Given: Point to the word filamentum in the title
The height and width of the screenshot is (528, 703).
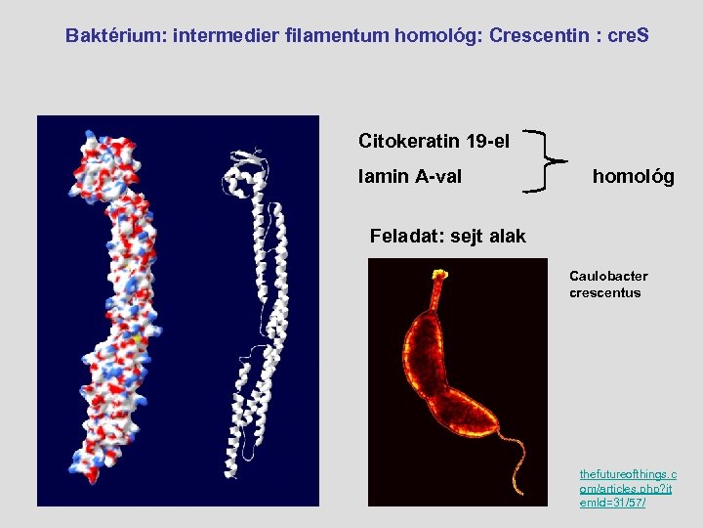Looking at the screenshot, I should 339,36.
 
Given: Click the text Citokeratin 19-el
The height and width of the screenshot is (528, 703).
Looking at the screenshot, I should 434,141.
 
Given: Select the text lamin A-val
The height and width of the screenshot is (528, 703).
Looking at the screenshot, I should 410,177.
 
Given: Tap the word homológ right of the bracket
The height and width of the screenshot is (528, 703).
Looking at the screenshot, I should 633,177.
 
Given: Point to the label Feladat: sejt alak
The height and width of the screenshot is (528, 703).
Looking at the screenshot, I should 447,236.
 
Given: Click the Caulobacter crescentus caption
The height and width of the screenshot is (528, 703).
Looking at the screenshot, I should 608,285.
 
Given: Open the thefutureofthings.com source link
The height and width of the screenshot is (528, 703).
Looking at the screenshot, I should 628,488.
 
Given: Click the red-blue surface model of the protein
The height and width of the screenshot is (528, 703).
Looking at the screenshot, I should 111,313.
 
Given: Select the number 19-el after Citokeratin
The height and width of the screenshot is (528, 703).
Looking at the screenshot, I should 487,141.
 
